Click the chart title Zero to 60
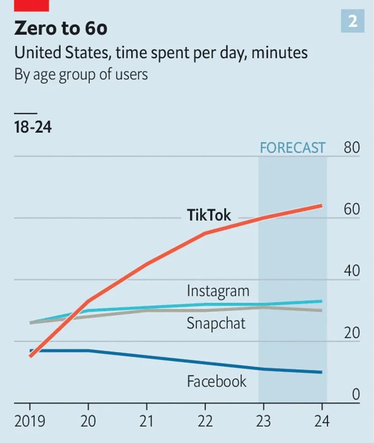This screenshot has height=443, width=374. (x=61, y=28)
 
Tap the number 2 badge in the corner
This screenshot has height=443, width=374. (x=352, y=21)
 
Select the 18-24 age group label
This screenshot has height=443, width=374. (x=33, y=127)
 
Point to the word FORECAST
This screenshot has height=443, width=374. (x=292, y=148)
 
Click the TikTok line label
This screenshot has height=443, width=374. (x=209, y=215)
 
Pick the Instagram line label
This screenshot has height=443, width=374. (x=218, y=291)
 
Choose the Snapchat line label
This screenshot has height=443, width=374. (x=216, y=323)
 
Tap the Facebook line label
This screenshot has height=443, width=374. (x=216, y=381)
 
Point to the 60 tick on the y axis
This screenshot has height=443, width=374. (x=352, y=210)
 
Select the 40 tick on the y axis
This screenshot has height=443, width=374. (x=352, y=271)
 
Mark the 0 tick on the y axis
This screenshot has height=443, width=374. (x=356, y=394)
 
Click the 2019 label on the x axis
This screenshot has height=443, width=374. (x=30, y=421)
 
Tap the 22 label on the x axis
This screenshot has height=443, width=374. (x=205, y=421)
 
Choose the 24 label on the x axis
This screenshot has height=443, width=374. (x=322, y=421)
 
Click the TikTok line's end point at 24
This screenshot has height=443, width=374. (x=321, y=205)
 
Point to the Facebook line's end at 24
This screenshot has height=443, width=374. (x=321, y=372)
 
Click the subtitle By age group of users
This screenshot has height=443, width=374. (x=81, y=75)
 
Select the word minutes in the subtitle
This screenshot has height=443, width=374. (x=280, y=52)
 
